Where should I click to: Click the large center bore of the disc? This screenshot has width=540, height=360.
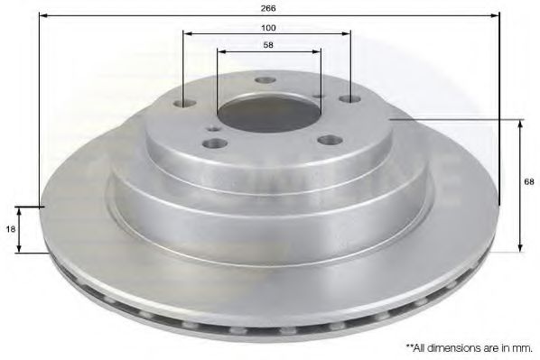(x=268, y=112)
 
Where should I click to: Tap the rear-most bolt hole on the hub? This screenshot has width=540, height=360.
(x=265, y=80)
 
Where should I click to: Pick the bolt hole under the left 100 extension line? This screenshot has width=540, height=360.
(x=184, y=104)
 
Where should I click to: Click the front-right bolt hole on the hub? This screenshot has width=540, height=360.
(x=330, y=140)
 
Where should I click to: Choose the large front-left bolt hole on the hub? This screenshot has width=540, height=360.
(x=212, y=143)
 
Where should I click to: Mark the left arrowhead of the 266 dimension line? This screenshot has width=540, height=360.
(x=44, y=14)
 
